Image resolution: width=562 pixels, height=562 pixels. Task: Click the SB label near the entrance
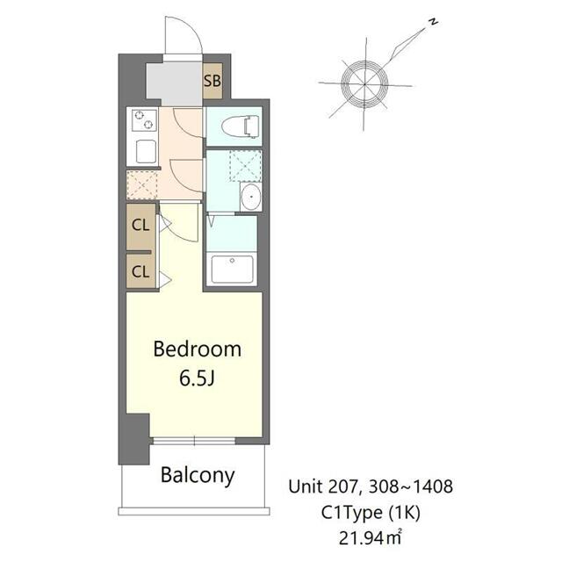coord(213,82)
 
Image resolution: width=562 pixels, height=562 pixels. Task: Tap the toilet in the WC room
coord(240,127)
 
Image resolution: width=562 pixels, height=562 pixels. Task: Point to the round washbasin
coord(251,197)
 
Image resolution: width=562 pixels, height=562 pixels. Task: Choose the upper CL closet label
coord(140,224)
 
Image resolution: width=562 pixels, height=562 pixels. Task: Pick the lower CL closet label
coord(140,271)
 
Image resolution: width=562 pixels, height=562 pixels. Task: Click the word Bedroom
coord(197,349)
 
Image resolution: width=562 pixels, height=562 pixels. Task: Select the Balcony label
coord(198,476)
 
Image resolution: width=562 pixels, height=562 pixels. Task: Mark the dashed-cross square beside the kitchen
coord(142,184)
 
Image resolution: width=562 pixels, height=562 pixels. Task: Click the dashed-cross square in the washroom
coord(245,166)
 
